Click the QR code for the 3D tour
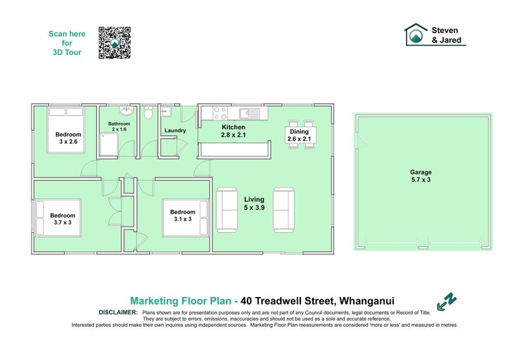coord(115,43)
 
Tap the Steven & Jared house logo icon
coord(417,35)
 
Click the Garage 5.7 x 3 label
coord(421,176)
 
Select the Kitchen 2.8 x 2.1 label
coord(233,131)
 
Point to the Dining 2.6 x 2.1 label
coord(299,135)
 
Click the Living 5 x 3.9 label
coord(254,204)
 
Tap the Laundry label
coord(174,131)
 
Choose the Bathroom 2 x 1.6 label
coord(119,127)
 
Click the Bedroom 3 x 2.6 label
coord(68,138)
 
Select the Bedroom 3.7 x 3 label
coord(63,219)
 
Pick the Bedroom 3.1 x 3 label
coord(182,216)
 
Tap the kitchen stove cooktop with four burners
coord(220,113)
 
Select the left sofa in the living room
coord(227,209)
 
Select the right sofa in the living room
coord(284,209)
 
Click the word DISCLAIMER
coord(118,312)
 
